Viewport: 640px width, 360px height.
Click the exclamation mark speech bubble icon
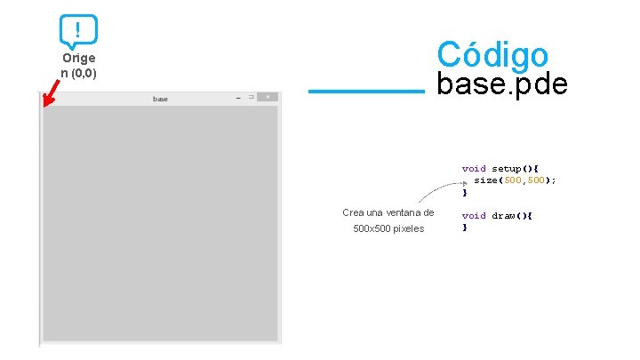tap(78, 31)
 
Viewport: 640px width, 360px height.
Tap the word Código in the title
tap(492, 54)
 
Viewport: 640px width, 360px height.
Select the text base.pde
tap(501, 85)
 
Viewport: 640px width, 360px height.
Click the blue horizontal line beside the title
tap(366, 91)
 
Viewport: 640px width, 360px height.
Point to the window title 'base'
tap(160, 99)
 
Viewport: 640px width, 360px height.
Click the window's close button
tap(268, 97)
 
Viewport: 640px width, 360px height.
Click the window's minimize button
tap(237, 97)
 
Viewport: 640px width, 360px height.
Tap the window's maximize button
tap(252, 97)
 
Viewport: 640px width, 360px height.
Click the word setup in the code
tap(507, 168)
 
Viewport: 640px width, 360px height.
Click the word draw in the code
tap(506, 215)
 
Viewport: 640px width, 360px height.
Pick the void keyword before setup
tap(474, 168)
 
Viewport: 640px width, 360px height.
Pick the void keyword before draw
tap(474, 215)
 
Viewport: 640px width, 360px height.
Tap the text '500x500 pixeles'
tap(388, 229)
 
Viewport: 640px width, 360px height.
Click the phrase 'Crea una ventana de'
tap(388, 212)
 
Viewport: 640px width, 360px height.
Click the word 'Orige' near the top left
tap(78, 58)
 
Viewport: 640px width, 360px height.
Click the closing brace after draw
tap(464, 228)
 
